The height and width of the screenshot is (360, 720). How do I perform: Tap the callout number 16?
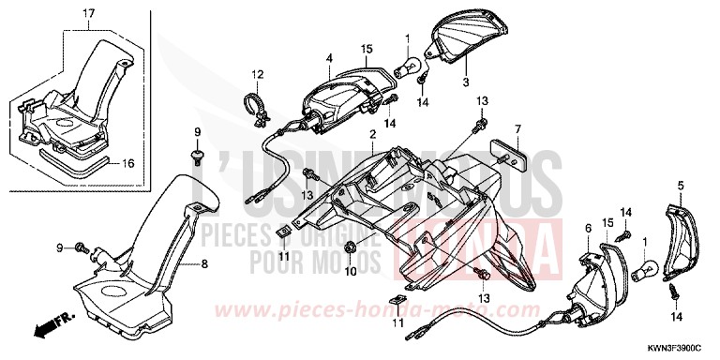tap(128, 162)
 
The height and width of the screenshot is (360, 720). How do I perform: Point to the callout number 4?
tap(329, 59)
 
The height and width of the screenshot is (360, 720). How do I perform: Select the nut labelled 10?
tap(350, 247)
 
